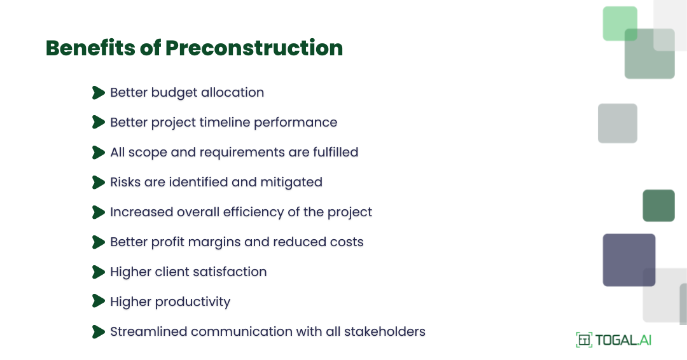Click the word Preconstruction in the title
pos(254,48)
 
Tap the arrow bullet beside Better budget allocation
pos(98,93)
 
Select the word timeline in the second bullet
pos(225,122)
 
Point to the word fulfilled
pos(332,152)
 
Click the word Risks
pos(125,182)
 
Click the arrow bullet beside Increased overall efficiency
pos(98,212)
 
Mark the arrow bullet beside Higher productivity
pos(98,301)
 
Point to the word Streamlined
pos(149,331)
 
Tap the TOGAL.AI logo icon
pos(583,340)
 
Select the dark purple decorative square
pos(628,260)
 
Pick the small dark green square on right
pos(658,205)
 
